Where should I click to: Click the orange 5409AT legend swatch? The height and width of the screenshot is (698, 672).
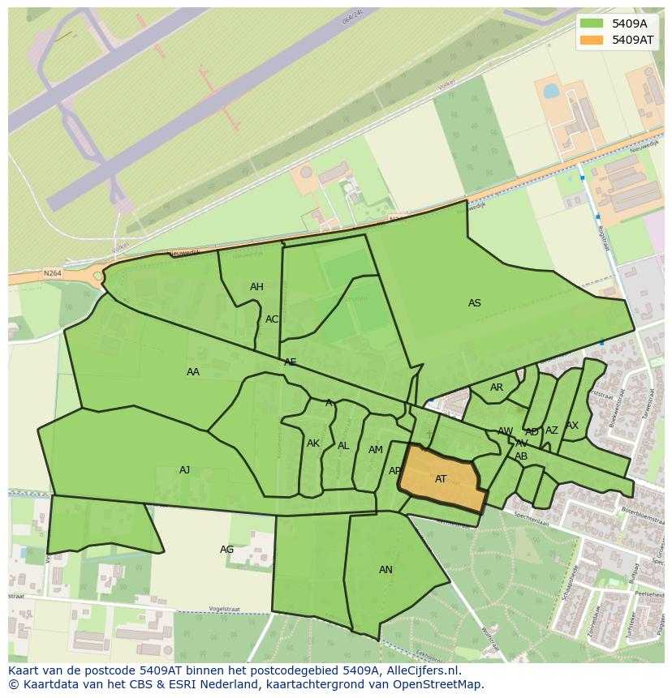tap(592, 40)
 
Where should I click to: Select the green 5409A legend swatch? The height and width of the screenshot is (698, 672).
tap(592, 24)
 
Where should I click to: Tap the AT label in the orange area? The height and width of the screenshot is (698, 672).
tap(441, 479)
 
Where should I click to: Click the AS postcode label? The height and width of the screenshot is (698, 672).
tap(475, 303)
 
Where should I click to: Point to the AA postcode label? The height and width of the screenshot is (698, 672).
tap(193, 372)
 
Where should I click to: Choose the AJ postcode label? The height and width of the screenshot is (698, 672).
tap(185, 470)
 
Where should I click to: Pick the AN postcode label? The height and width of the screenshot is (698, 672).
tap(386, 570)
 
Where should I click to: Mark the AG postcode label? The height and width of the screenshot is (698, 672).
tap(227, 550)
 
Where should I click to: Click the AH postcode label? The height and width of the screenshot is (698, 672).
tap(256, 287)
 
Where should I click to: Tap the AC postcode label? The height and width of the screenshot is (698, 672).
tap(272, 319)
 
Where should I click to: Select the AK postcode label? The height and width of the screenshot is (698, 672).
tap(313, 443)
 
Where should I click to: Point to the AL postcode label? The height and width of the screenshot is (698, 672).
tap(343, 446)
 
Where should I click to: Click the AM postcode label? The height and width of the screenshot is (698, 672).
tap(375, 450)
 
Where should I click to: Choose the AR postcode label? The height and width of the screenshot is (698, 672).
tap(497, 388)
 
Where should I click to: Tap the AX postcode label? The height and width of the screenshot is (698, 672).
tap(572, 426)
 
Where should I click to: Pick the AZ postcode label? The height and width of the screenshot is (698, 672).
tap(552, 430)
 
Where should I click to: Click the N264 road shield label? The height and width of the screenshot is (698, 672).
tap(53, 273)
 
